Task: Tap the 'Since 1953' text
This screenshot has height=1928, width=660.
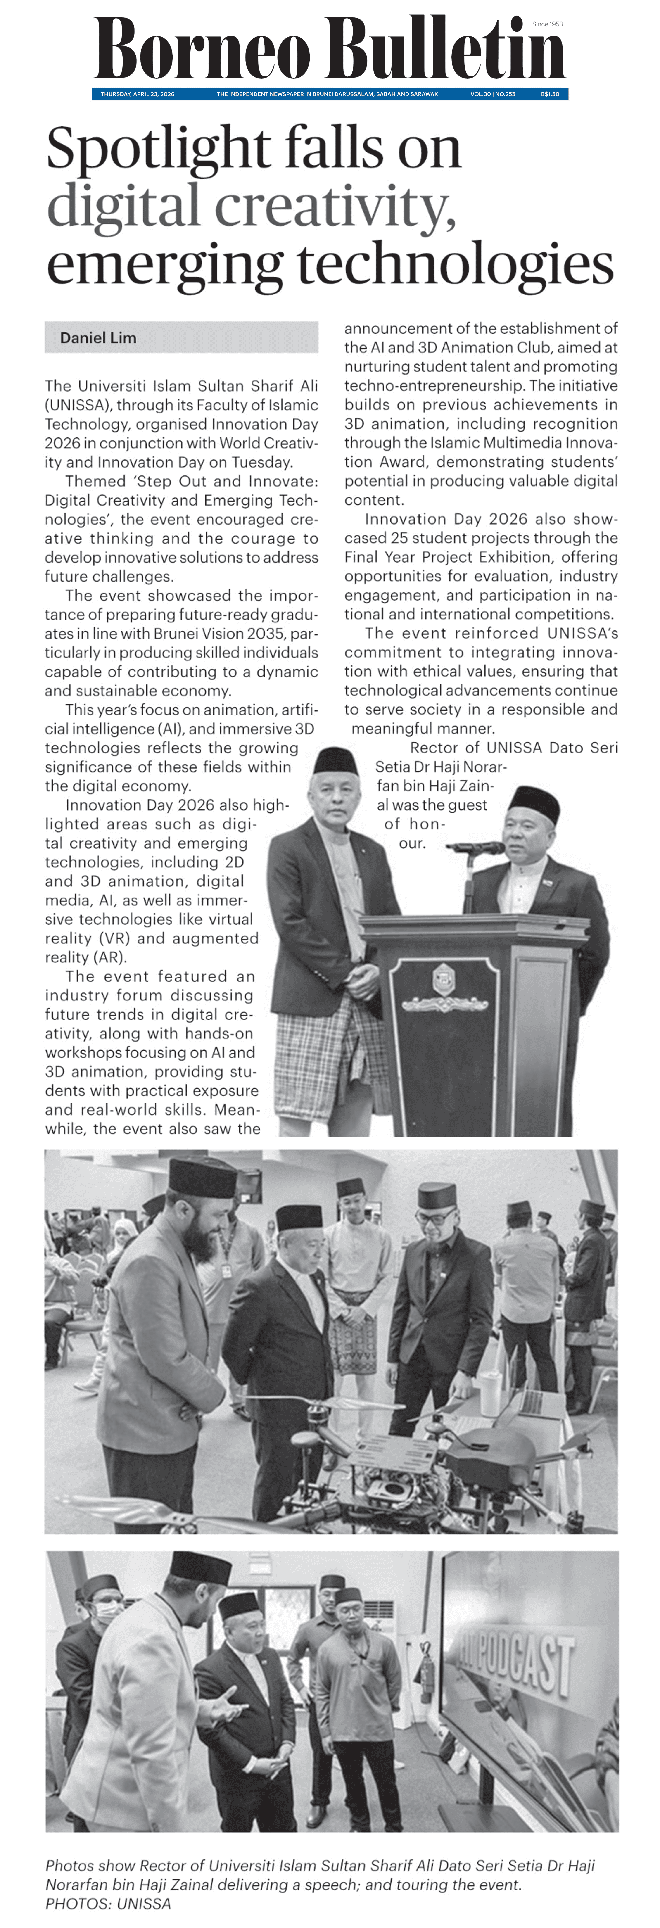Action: click(547, 24)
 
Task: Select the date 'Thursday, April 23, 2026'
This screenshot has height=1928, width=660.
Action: click(138, 94)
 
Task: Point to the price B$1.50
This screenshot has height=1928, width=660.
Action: click(550, 94)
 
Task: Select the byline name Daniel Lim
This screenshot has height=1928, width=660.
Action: click(98, 337)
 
